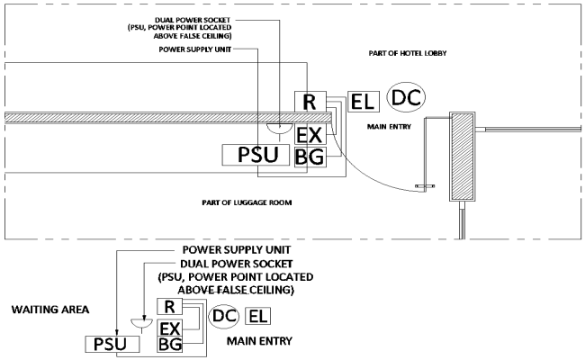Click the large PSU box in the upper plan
(x=257, y=156)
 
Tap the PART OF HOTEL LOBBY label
(x=408, y=54)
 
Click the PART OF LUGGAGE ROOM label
(x=248, y=204)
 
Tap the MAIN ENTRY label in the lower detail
(x=256, y=342)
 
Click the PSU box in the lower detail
(x=106, y=344)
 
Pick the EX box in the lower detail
(x=170, y=327)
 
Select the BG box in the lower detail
(x=170, y=344)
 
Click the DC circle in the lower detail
(x=224, y=316)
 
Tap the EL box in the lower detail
(x=257, y=316)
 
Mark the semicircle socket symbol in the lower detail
(x=136, y=321)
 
